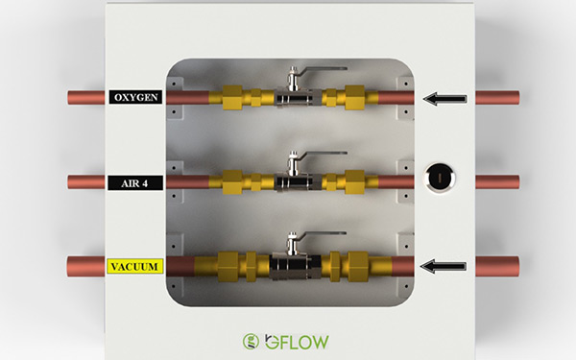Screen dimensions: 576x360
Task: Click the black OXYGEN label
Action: (135, 97)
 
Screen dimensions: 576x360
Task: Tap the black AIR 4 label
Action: (134, 183)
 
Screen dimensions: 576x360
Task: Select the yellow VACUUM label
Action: (134, 266)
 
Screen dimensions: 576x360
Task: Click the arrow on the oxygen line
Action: (444, 99)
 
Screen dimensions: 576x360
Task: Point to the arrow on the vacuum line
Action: (443, 266)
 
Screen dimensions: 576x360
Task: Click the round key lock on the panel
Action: (440, 179)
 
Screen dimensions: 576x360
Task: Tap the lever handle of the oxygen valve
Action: (324, 68)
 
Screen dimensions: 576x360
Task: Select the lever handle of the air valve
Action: (324, 153)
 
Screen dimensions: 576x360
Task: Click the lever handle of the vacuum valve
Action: (323, 233)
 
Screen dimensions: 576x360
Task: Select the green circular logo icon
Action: (251, 341)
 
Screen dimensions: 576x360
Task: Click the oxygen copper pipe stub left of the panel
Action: (86, 98)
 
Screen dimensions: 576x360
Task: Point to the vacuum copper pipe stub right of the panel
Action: (497, 266)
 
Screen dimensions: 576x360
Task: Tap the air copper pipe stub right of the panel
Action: (497, 182)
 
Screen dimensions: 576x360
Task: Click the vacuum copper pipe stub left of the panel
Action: (86, 267)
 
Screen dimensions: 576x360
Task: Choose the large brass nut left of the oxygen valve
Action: (232, 97)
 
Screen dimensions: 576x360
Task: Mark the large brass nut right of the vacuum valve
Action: (358, 266)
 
